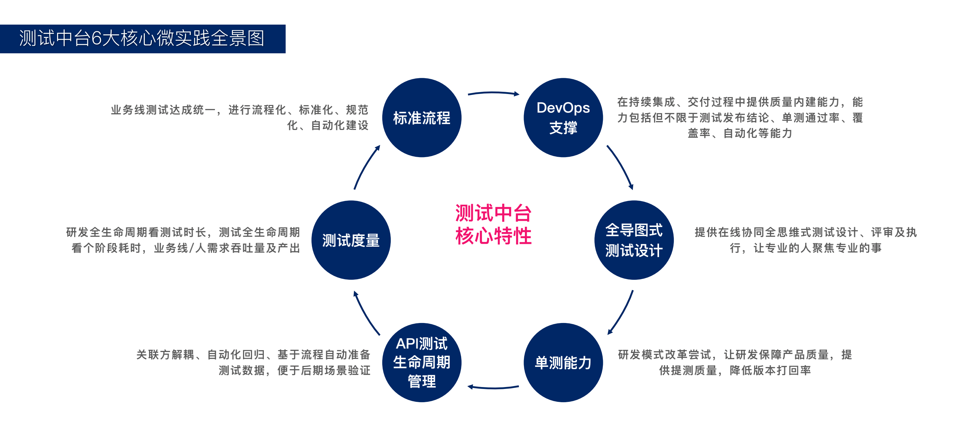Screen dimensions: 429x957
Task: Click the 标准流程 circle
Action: point(422,118)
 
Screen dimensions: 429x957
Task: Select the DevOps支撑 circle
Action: point(563,118)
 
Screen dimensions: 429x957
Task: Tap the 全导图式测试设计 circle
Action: point(634,240)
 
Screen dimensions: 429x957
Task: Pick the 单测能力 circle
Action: point(563,362)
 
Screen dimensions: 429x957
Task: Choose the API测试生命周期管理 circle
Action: point(422,362)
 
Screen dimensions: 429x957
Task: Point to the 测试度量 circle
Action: point(351,240)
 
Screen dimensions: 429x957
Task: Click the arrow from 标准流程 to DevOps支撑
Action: point(493,93)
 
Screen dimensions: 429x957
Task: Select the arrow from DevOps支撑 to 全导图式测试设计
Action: point(621,167)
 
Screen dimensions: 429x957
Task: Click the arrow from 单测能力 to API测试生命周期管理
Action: point(493,387)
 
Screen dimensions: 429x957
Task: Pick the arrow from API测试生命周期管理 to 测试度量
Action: point(366,313)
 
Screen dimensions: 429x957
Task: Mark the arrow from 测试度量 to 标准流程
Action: point(366,167)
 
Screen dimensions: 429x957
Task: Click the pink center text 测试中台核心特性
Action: point(493,224)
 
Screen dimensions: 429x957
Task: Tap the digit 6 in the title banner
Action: point(96,38)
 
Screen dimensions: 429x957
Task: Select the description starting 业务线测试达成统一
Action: point(240,117)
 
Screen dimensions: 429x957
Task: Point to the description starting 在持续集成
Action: point(740,117)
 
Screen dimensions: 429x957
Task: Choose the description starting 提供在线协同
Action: point(805,240)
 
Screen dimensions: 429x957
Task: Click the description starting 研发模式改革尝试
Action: point(735,362)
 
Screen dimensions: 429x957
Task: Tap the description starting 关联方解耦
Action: point(253,362)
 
